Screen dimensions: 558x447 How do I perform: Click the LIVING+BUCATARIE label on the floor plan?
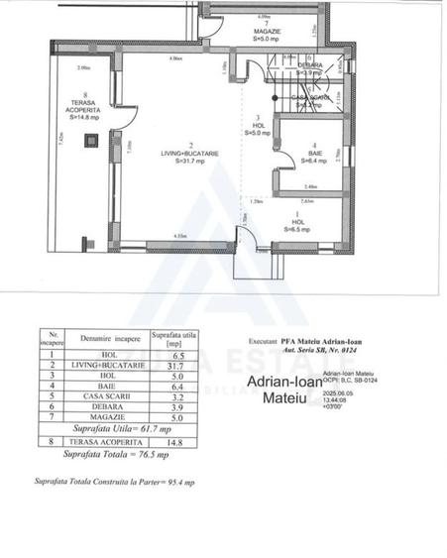pos(175,153)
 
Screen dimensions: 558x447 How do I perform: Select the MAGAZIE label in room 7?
pos(264,31)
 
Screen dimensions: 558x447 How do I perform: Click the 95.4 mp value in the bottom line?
pos(183,483)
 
